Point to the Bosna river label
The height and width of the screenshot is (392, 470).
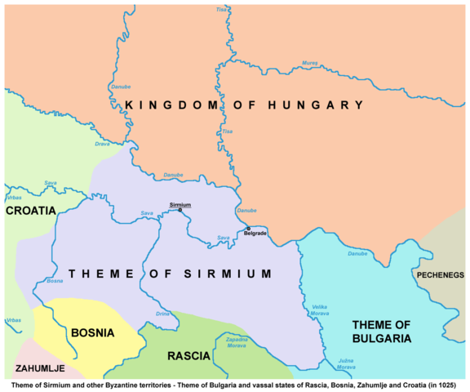tap(55, 281)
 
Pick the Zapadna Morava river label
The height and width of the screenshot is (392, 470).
tap(236, 341)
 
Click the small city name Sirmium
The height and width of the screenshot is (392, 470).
tap(180, 203)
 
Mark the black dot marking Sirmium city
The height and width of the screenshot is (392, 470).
tap(180, 210)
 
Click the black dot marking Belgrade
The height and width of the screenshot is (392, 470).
tap(248, 228)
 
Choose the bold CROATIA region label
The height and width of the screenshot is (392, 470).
tap(30, 211)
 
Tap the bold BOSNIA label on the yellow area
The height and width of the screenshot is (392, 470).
tap(92, 332)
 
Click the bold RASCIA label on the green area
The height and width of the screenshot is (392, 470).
tap(189, 356)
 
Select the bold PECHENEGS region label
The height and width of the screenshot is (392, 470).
tap(440, 275)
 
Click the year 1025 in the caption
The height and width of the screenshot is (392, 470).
tap(450, 384)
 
